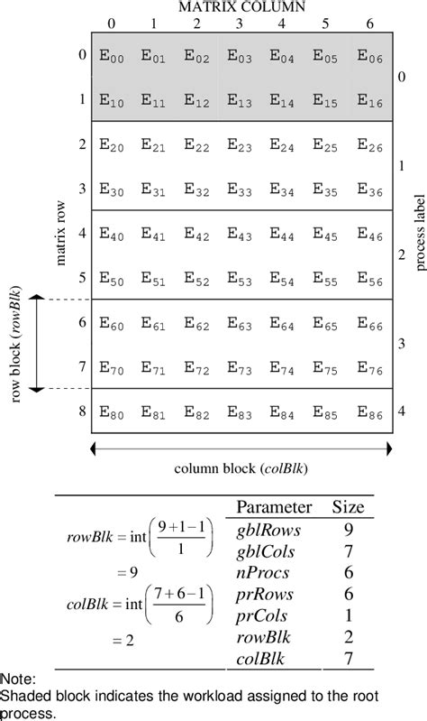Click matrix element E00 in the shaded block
pyautogui.click(x=109, y=56)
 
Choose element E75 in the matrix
pyautogui.click(x=327, y=369)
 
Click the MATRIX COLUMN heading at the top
pyautogui.click(x=241, y=7)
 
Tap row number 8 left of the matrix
pyautogui.click(x=80, y=411)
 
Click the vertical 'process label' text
pyautogui.click(x=421, y=234)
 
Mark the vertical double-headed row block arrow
pyautogui.click(x=37, y=344)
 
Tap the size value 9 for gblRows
pyautogui.click(x=348, y=530)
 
